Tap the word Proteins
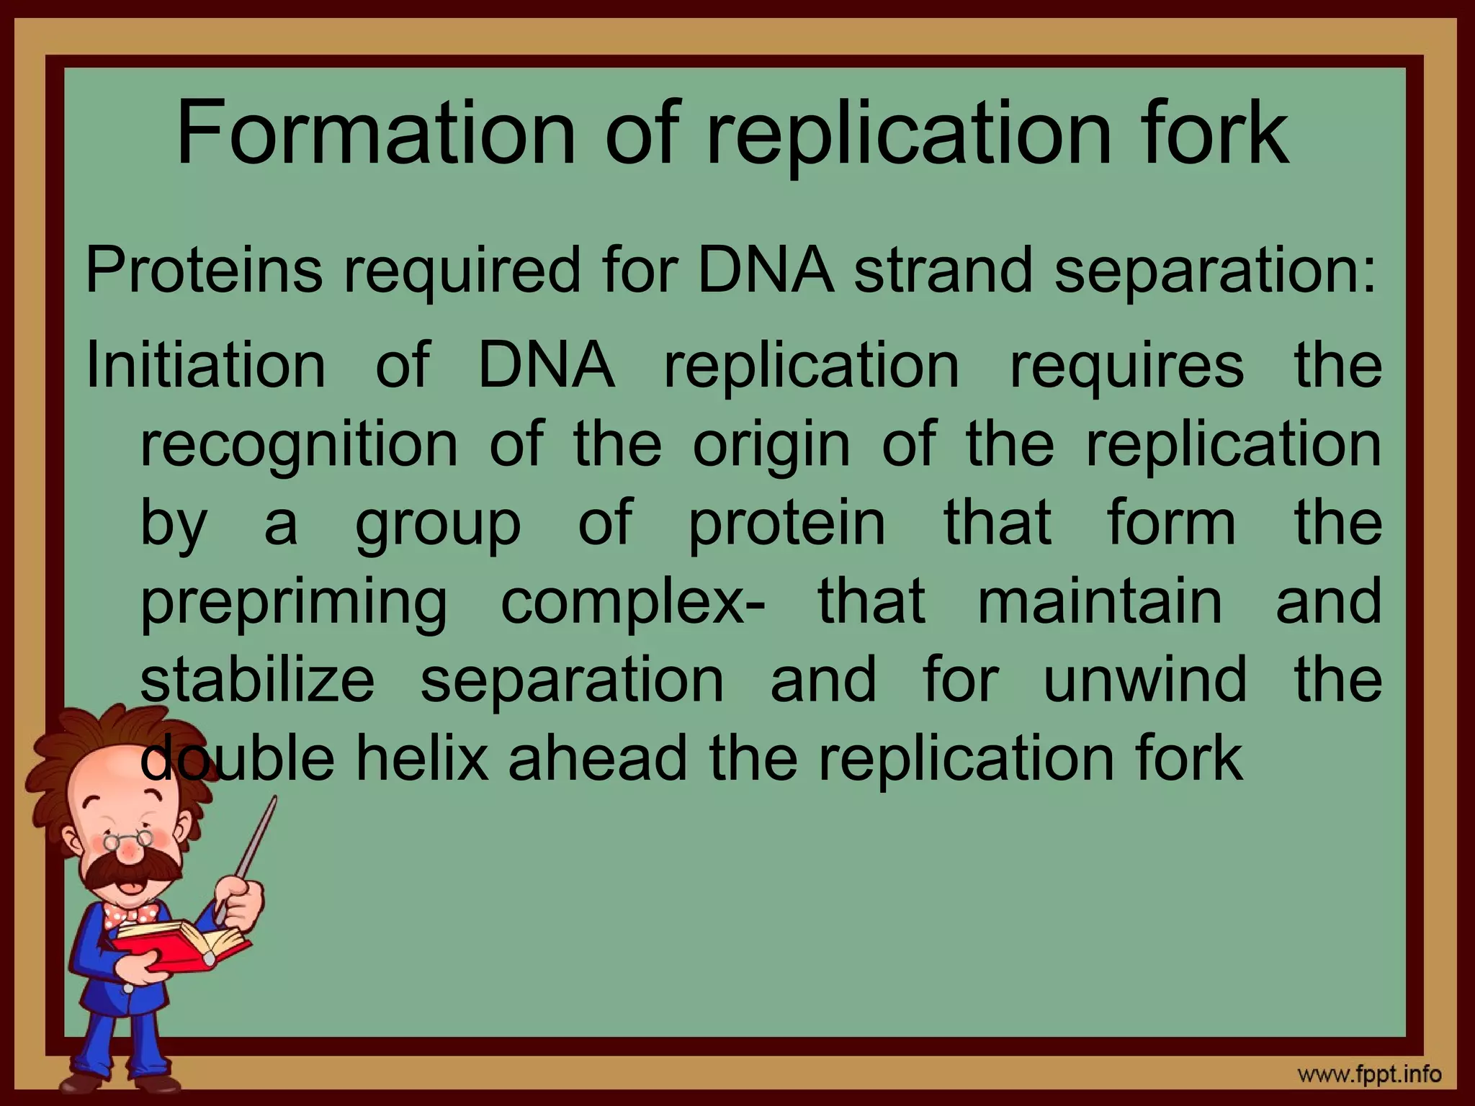204,271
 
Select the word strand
943,271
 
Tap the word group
438,524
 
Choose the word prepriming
294,603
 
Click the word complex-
633,603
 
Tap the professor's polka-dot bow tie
130,915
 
